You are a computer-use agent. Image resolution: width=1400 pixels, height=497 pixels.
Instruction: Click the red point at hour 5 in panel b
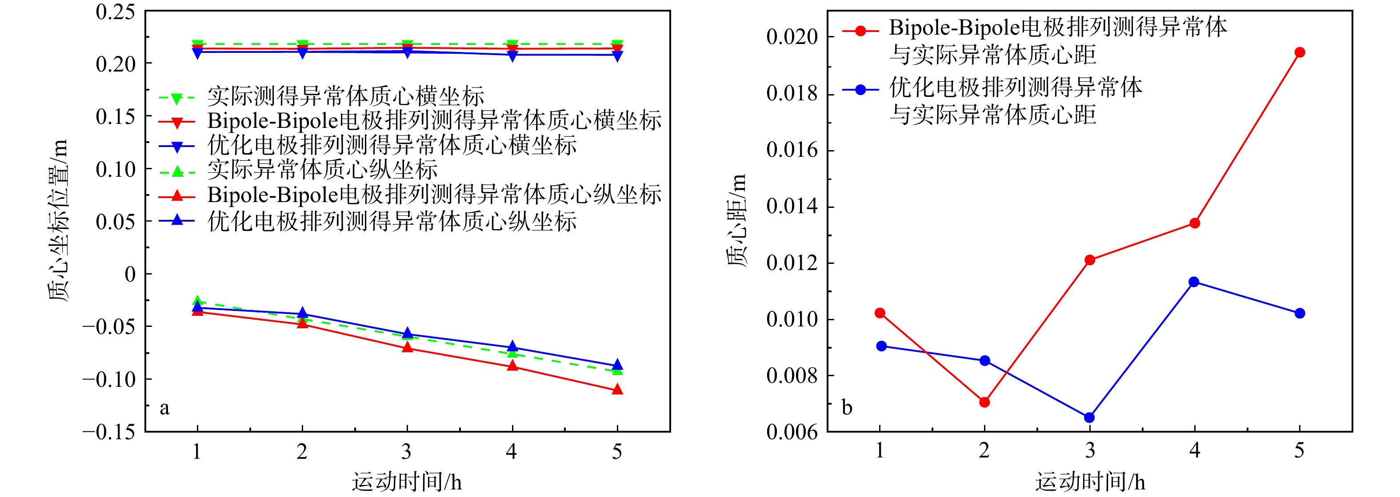(x=1300, y=52)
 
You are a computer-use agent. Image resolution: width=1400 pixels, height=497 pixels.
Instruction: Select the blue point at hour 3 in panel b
(x=1089, y=417)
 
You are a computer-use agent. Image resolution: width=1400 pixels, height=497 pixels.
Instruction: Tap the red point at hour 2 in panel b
(x=984, y=402)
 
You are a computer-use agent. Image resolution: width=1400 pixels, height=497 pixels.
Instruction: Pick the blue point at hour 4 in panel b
(x=1194, y=282)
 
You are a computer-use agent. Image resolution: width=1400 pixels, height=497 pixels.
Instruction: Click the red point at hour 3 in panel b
(x=1090, y=260)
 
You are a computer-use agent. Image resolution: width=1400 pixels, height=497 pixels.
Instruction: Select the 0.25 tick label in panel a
(x=115, y=12)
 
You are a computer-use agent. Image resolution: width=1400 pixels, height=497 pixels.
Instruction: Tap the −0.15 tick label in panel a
(x=109, y=432)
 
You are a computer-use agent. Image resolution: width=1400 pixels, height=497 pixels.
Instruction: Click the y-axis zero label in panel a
(x=130, y=274)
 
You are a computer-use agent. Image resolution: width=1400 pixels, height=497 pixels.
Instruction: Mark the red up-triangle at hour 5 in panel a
(x=617, y=390)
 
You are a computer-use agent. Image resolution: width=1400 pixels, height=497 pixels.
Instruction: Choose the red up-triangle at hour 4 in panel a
(x=512, y=366)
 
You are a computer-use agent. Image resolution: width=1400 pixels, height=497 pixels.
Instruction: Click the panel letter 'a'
(x=164, y=407)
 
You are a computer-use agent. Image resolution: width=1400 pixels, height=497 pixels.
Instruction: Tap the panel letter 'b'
(x=847, y=407)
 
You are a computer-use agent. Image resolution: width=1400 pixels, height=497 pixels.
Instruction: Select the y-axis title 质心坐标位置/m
(x=58, y=220)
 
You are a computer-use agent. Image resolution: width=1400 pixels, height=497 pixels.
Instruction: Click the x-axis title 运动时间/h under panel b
(x=1090, y=482)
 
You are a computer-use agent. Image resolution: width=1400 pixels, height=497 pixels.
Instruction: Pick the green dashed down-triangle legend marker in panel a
(x=176, y=98)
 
